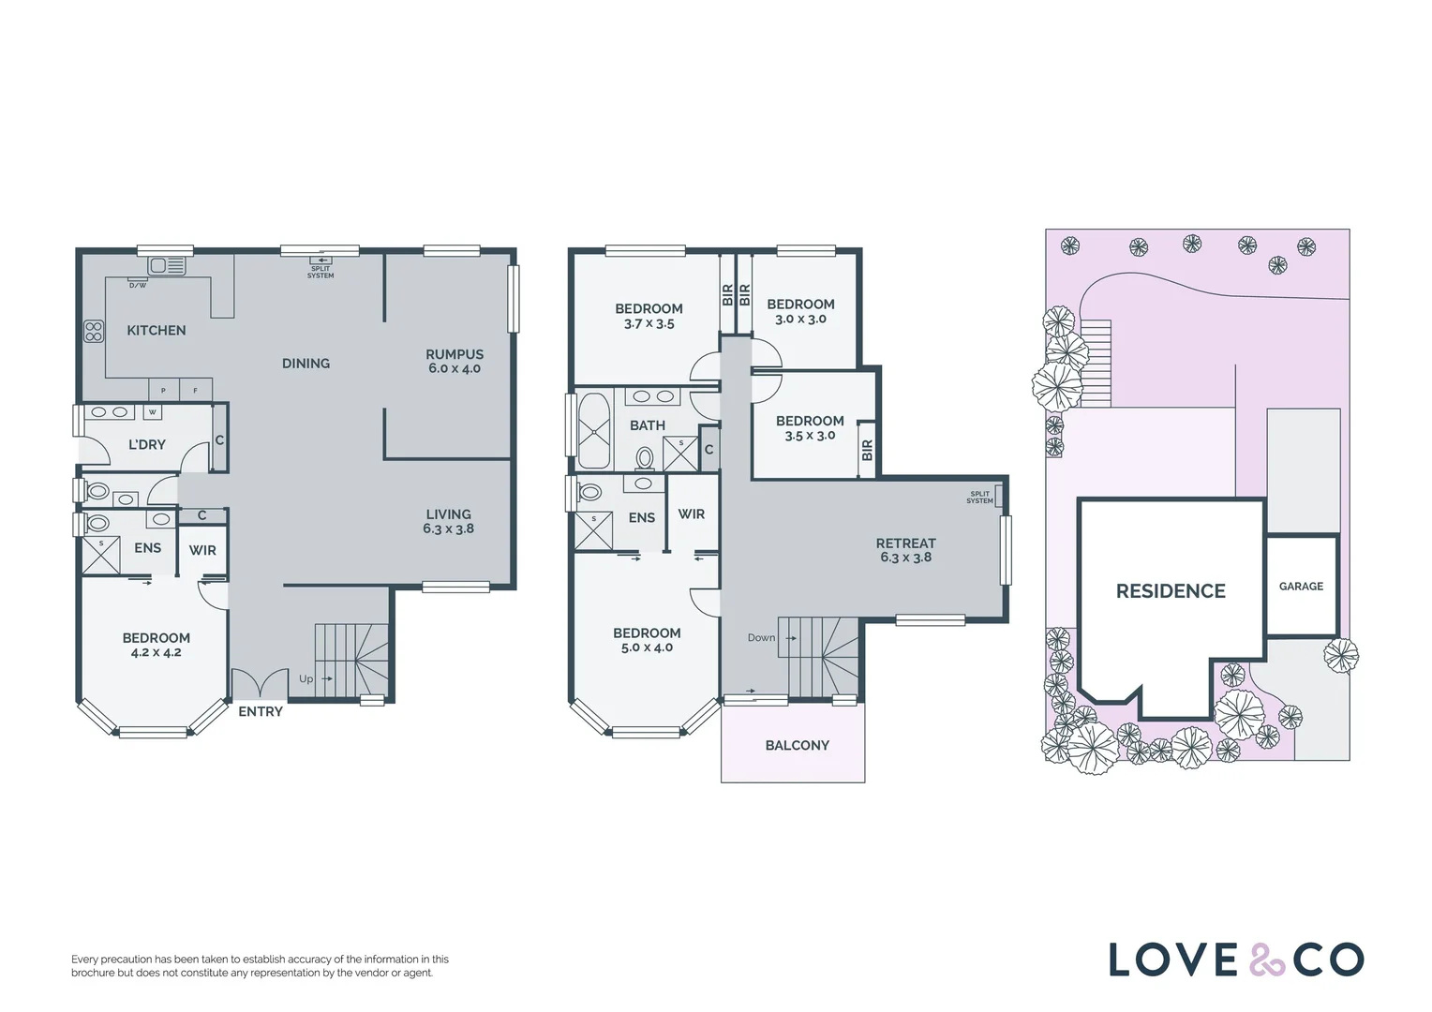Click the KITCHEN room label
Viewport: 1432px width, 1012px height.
(x=156, y=331)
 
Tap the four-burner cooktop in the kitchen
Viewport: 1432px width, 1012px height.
(x=94, y=331)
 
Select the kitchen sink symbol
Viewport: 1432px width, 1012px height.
(x=166, y=265)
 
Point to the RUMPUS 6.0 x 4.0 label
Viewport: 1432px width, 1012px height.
(x=455, y=361)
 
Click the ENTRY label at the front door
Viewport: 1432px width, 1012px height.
(x=261, y=711)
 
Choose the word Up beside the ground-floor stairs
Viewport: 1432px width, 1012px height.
(x=306, y=678)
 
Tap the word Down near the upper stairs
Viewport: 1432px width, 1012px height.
(x=761, y=637)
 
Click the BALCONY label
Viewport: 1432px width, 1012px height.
(x=798, y=745)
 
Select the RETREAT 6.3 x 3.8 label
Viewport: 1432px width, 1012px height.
(x=906, y=550)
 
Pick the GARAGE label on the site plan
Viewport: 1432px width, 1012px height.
(x=1301, y=587)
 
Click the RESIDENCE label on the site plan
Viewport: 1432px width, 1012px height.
(x=1171, y=590)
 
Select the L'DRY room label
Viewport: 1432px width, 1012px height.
(x=147, y=444)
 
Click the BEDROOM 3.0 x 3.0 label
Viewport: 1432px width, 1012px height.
(x=800, y=311)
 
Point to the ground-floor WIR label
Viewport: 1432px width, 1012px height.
(x=202, y=550)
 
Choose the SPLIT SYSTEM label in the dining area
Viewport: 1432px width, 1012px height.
(x=321, y=273)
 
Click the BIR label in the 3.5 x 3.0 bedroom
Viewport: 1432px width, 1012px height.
(x=867, y=451)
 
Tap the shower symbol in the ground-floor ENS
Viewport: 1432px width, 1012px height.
(x=101, y=555)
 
